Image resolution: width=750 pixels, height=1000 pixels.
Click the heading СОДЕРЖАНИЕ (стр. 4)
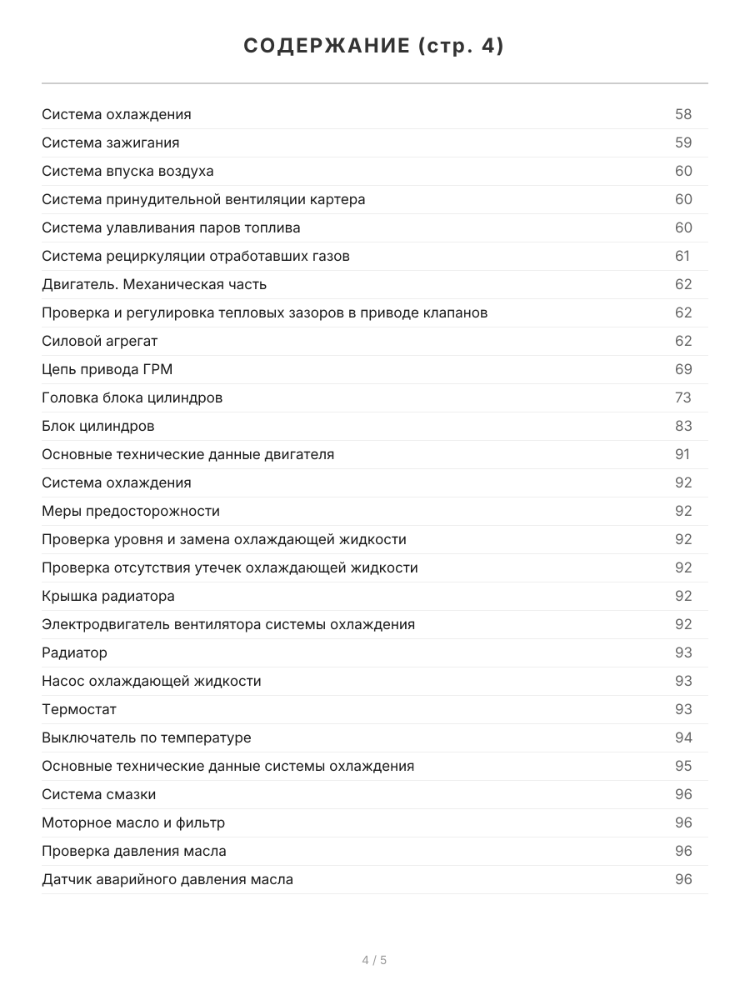374,47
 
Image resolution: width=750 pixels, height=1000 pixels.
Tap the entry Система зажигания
111,142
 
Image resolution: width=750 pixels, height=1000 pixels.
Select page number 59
683,142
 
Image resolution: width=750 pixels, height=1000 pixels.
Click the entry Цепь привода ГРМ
107,369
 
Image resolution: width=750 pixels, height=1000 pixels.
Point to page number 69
683,369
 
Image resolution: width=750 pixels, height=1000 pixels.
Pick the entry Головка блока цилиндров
132,397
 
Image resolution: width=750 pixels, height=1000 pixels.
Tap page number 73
683,397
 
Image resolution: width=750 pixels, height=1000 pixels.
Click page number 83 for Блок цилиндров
683,426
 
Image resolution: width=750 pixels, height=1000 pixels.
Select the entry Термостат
79,709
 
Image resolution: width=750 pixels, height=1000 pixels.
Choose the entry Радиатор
75,652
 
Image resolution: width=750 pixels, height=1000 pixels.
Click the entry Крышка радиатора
108,596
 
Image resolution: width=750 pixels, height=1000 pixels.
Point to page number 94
683,737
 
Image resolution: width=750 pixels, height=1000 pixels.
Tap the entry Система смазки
99,794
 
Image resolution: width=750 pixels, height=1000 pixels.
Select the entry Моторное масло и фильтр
133,822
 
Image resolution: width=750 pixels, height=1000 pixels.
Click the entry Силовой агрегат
100,341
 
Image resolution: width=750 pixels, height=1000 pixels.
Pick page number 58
683,114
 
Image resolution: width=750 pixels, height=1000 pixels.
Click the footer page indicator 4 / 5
374,960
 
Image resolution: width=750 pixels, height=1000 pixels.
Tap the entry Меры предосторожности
131,511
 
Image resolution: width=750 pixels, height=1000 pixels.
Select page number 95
683,766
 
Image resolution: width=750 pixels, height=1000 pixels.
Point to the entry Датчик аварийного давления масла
167,879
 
